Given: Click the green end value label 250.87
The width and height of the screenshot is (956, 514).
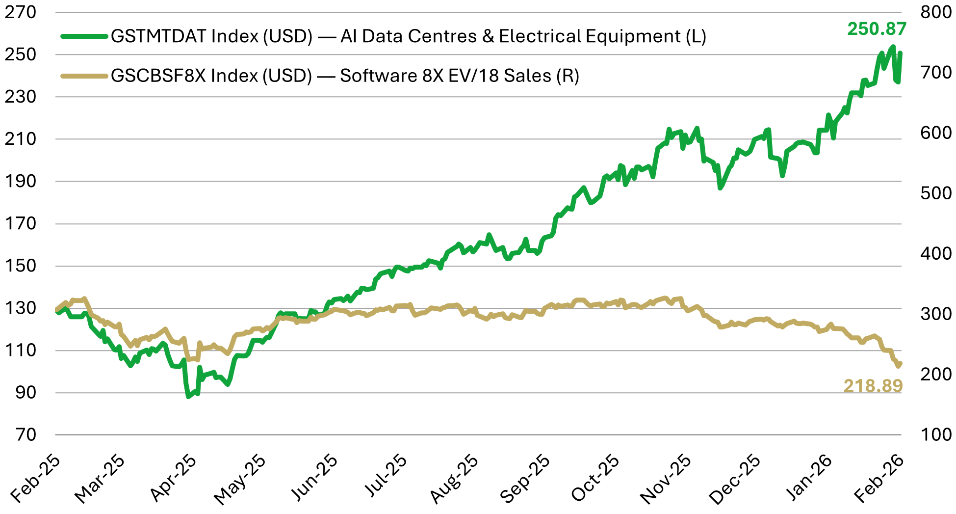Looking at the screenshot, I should [x=877, y=29].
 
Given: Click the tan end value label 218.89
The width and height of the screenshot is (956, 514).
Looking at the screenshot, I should [x=873, y=386].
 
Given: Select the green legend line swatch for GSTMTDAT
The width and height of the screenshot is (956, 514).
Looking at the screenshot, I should [x=84, y=36].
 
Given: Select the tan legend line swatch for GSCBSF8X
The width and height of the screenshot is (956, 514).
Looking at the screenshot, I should [x=84, y=76].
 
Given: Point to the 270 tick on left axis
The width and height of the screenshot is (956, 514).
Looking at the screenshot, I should [x=21, y=12].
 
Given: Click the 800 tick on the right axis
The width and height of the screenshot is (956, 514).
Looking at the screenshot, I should [x=935, y=12].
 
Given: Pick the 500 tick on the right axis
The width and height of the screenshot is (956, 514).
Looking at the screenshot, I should [x=935, y=193].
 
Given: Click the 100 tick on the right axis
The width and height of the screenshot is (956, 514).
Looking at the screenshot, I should [x=935, y=435].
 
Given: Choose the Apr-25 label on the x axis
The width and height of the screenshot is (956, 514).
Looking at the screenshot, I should [x=173, y=479].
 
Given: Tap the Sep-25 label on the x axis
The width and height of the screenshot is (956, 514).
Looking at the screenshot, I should [x=524, y=479].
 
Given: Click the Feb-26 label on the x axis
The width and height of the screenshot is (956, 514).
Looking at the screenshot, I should [x=878, y=479].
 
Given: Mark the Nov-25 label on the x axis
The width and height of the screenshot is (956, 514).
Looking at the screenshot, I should [x=666, y=479].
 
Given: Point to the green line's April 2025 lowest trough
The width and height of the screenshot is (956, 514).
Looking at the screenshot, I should [x=188, y=396].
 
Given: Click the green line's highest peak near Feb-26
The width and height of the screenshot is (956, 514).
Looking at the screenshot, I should [x=893, y=47].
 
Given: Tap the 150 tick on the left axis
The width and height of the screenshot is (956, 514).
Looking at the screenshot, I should [x=21, y=266].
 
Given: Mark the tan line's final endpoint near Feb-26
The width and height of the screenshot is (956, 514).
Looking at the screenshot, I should [x=901, y=363].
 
